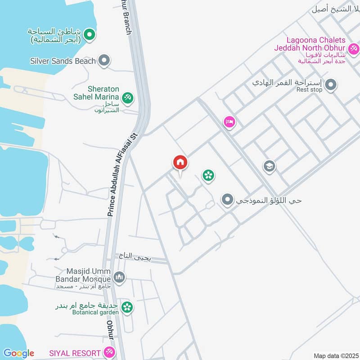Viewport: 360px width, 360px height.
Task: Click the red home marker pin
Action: (x=180, y=162)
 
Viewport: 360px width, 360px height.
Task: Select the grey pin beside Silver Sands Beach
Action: (x=104, y=60)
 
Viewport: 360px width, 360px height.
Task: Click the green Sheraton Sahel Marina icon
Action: (x=127, y=97)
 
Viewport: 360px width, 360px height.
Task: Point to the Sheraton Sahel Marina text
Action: (x=96, y=93)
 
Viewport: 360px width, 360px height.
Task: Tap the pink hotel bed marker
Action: (x=229, y=122)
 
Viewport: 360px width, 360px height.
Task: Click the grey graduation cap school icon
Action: (x=269, y=166)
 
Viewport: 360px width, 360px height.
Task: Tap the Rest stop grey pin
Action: (x=331, y=84)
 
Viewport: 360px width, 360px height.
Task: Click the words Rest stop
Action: (x=310, y=90)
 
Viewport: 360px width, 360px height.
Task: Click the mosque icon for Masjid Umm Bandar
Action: (x=119, y=277)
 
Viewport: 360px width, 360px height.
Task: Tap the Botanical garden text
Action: (x=94, y=312)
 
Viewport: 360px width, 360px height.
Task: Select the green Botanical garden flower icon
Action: (x=127, y=307)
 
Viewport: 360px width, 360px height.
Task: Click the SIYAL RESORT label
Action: (x=75, y=352)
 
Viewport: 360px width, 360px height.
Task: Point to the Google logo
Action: (x=18, y=353)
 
